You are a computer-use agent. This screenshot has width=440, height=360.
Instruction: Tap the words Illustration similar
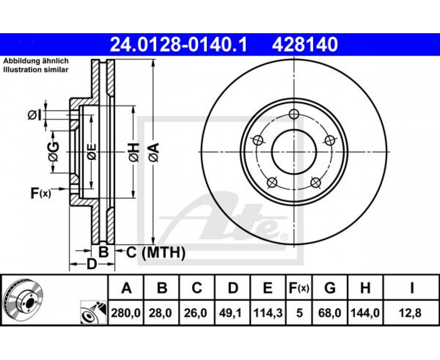[x=36, y=70]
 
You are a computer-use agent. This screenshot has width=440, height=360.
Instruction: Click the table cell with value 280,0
[x=126, y=312]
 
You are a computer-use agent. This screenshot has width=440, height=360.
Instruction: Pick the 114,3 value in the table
[x=268, y=312]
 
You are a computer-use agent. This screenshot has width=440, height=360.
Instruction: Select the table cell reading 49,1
[x=233, y=312]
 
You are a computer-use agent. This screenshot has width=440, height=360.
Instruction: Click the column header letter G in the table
[x=330, y=288]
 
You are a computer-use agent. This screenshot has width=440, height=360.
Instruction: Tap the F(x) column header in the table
[x=299, y=288]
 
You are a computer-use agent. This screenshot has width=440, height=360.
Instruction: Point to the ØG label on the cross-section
[x=54, y=152]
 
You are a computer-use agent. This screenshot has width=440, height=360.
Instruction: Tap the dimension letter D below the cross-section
[x=92, y=265]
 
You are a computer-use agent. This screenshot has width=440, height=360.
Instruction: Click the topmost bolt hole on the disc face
[x=294, y=114]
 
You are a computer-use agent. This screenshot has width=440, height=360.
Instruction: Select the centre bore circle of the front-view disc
[x=294, y=152]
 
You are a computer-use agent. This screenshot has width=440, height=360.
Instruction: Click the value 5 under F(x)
[x=299, y=312]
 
